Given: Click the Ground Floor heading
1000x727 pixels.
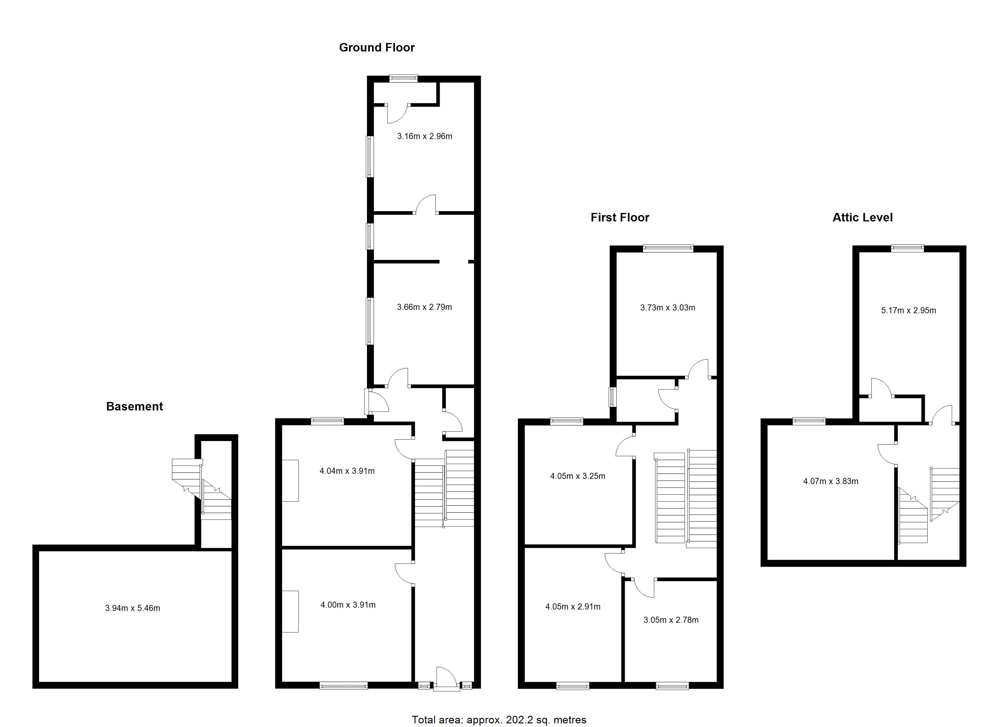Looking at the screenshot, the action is [377, 48].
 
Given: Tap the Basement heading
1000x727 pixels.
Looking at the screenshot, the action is [135, 407].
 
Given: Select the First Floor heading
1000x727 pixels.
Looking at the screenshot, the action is [620, 217].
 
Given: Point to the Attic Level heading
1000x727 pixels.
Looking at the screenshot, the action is [862, 217].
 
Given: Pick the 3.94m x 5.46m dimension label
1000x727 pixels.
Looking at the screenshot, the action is [133, 608].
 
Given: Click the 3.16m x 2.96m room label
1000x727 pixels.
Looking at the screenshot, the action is [425, 136].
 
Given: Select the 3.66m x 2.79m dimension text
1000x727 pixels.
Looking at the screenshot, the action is [424, 307].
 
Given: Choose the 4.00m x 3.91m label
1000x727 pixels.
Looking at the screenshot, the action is [348, 605].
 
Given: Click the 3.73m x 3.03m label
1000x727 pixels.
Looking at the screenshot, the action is [668, 308].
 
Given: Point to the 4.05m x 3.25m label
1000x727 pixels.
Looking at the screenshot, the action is [578, 476].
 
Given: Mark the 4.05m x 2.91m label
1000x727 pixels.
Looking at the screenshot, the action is [573, 607].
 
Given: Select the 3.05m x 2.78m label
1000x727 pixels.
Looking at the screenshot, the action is [671, 620].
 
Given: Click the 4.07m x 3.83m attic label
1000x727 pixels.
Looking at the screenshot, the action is [831, 481].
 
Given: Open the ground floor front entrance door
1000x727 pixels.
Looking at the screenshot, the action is [445, 679].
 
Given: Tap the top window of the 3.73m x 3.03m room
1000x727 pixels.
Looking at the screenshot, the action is [668, 249].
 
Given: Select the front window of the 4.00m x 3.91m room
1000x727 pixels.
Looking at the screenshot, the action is [343, 686].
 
